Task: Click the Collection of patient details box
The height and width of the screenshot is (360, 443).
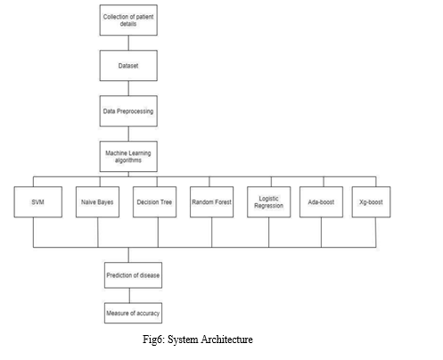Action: (x=128, y=20)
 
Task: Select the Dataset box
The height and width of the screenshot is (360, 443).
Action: (x=128, y=66)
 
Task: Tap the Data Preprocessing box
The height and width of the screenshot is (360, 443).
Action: (x=128, y=111)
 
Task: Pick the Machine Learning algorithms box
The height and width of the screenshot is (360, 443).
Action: (x=128, y=157)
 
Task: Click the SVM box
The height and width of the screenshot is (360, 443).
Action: (x=38, y=202)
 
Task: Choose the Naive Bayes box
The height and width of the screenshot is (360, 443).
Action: (x=97, y=202)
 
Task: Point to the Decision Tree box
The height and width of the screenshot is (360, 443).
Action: (x=154, y=202)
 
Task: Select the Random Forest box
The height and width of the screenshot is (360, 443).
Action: (x=211, y=202)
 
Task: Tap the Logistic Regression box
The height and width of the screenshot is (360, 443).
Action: (x=269, y=202)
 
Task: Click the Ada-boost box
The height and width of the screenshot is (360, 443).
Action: (x=321, y=202)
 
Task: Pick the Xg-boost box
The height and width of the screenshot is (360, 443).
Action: (x=371, y=202)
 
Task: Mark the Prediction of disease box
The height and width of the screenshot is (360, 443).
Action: (x=133, y=275)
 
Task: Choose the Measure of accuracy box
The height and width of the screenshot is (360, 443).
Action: (x=133, y=313)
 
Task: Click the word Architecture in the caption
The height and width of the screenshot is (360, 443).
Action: (x=226, y=340)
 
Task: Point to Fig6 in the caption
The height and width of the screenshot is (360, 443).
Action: (x=153, y=340)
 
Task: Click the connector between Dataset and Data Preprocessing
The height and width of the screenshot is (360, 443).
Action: (x=128, y=88)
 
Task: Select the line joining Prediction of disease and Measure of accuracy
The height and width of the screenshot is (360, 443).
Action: (x=129, y=295)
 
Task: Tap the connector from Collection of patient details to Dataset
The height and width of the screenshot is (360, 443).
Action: (x=128, y=43)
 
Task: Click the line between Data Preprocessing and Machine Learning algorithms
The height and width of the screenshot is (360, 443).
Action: (x=128, y=134)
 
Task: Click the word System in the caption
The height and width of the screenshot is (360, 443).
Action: (x=183, y=340)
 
